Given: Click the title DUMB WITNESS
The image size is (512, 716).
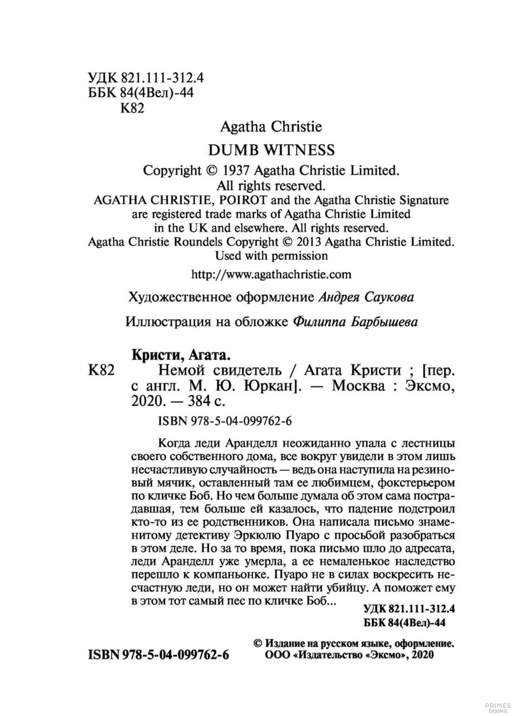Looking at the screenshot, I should [x=271, y=150].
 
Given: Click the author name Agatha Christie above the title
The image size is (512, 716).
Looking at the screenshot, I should [x=271, y=127].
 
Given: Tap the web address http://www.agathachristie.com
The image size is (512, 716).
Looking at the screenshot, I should [x=271, y=274].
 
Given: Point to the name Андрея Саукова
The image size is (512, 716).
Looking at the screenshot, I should [x=366, y=297].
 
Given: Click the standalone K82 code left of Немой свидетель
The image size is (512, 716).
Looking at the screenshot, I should [x=101, y=370].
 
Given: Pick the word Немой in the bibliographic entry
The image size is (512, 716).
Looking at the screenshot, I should [x=181, y=370].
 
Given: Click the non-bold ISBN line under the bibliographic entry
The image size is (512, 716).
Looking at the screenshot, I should [x=225, y=421].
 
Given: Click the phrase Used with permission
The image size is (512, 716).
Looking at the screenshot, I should [x=271, y=256].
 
